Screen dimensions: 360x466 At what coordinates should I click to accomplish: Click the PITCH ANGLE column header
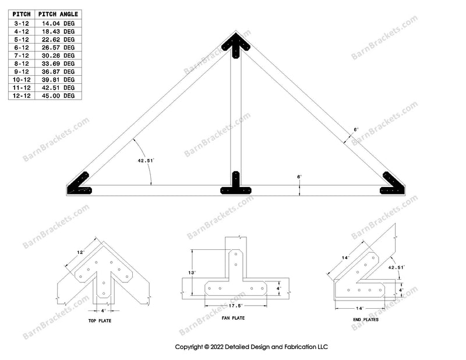58,14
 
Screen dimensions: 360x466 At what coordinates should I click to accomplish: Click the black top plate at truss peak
236,45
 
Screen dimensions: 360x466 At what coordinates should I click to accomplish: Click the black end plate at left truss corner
79,185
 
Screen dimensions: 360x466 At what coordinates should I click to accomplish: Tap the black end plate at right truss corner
393,185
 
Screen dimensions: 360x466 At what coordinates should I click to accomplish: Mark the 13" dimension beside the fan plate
192,271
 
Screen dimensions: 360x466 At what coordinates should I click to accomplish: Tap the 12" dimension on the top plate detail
80,253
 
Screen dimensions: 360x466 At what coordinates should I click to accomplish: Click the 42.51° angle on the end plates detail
396,267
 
